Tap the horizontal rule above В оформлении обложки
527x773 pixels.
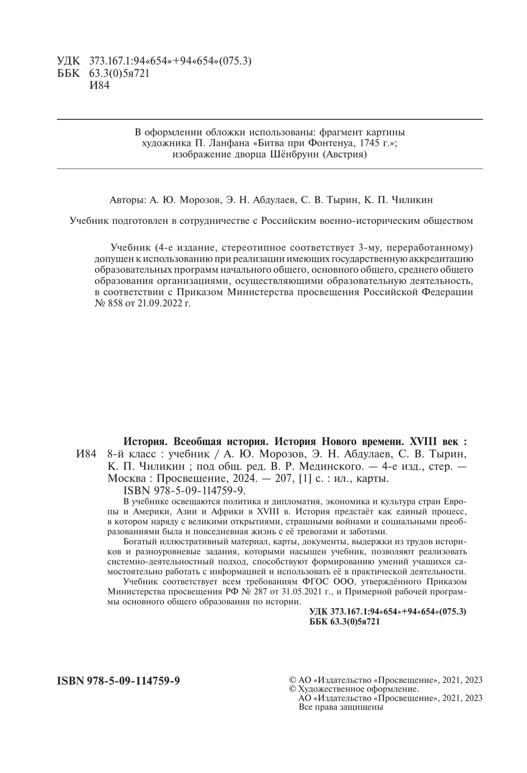270,119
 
